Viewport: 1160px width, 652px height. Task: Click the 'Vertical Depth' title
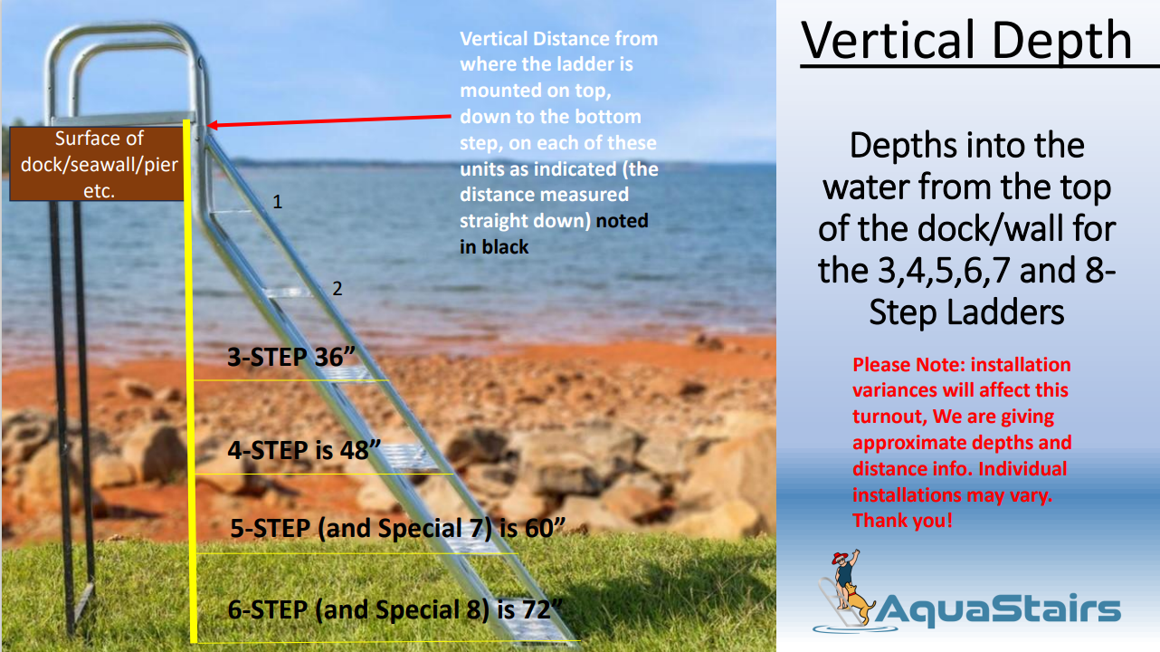pos(966,42)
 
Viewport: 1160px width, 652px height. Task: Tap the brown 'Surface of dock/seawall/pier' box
pos(97,164)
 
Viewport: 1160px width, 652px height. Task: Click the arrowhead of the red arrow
pos(213,124)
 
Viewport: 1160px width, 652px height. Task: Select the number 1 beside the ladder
pos(278,202)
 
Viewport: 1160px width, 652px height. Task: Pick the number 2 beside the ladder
pos(338,288)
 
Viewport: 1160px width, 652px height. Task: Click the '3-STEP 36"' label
pos(291,357)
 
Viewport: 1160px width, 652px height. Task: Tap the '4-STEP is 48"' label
pos(305,450)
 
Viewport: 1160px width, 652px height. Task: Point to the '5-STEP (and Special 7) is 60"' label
pos(398,528)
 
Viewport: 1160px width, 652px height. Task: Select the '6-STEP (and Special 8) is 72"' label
pos(395,609)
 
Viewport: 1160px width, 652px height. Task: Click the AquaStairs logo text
pos(998,609)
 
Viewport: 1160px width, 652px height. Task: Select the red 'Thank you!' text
pos(903,520)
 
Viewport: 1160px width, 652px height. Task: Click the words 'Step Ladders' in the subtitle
pos(966,312)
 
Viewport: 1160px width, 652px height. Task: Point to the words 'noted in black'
pos(554,234)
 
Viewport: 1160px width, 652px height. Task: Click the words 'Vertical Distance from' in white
pos(559,39)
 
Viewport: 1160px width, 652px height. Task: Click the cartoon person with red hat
pos(845,570)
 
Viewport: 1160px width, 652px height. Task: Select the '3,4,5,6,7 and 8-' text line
pos(966,271)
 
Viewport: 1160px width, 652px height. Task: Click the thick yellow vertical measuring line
pos(189,381)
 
